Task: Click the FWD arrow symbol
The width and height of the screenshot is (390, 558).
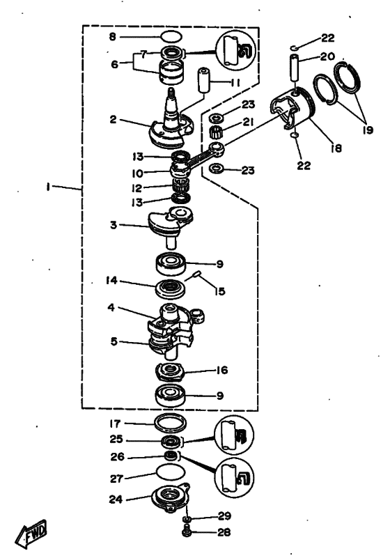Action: pos(31,534)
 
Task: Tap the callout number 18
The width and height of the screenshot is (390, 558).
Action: pos(335,148)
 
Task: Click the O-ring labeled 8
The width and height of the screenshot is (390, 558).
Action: pos(171,36)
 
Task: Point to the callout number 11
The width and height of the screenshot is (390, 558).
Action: pos(235,83)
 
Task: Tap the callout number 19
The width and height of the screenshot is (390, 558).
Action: pos(368,130)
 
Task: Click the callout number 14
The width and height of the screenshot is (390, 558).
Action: pos(111,281)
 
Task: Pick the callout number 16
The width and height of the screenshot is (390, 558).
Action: pos(221,370)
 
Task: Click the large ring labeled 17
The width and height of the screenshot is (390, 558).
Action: pos(171,423)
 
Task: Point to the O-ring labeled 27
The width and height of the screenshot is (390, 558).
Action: pos(171,473)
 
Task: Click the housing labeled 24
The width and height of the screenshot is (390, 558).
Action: pos(170,497)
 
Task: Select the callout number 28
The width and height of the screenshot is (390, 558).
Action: pos(224,532)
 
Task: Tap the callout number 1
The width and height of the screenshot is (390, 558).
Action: pos(47,187)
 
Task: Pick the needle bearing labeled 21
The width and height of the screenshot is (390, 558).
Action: pos(216,132)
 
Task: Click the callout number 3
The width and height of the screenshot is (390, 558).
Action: pos(113,225)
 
